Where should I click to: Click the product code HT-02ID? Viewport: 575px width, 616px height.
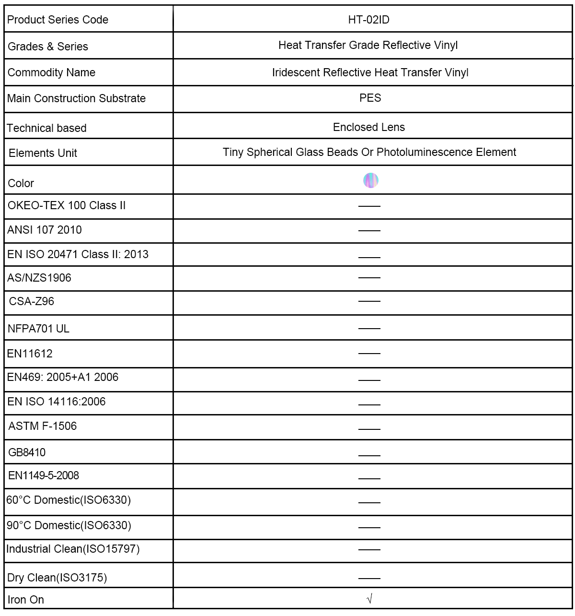click(369, 20)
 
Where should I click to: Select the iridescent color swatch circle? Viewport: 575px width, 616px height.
click(371, 180)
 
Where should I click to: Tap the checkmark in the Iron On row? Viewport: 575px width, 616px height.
click(369, 599)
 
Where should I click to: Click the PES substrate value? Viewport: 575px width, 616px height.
click(370, 98)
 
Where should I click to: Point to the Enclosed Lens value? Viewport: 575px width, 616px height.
click(369, 127)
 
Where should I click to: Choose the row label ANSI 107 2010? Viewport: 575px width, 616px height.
click(45, 230)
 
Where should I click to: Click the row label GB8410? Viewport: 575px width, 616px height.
click(27, 452)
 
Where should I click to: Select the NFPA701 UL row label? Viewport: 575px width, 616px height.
click(38, 329)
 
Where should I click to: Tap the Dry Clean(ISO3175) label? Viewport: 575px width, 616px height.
click(57, 578)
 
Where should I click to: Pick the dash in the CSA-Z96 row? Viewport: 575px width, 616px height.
click(369, 301)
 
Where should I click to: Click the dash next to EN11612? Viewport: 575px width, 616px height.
click(369, 353)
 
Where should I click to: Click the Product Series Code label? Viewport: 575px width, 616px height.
click(57, 20)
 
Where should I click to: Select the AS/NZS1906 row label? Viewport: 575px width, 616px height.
click(39, 278)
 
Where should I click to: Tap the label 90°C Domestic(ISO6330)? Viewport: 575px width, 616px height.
click(69, 525)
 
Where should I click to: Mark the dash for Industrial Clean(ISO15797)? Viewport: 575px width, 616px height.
click(369, 549)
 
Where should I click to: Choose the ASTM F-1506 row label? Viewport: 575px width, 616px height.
click(43, 426)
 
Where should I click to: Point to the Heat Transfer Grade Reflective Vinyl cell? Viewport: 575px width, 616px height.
click(368, 45)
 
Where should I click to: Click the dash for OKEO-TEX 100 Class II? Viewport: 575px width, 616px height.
click(369, 206)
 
